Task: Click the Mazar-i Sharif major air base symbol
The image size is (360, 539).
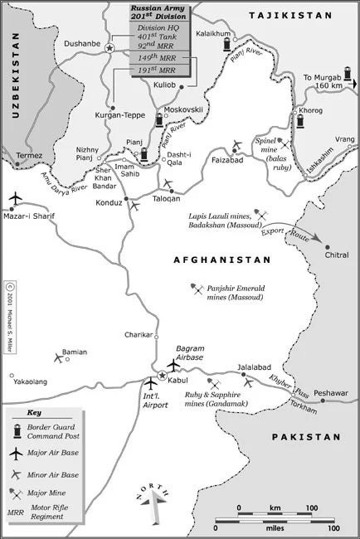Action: pyautogui.click(x=16, y=199)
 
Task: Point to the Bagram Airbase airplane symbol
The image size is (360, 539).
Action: pyautogui.click(x=173, y=365)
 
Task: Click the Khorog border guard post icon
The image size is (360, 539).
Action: pyautogui.click(x=299, y=122)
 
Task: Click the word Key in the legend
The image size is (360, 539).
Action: pyautogui.click(x=34, y=412)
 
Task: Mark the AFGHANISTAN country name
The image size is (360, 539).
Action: pyautogui.click(x=222, y=260)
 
